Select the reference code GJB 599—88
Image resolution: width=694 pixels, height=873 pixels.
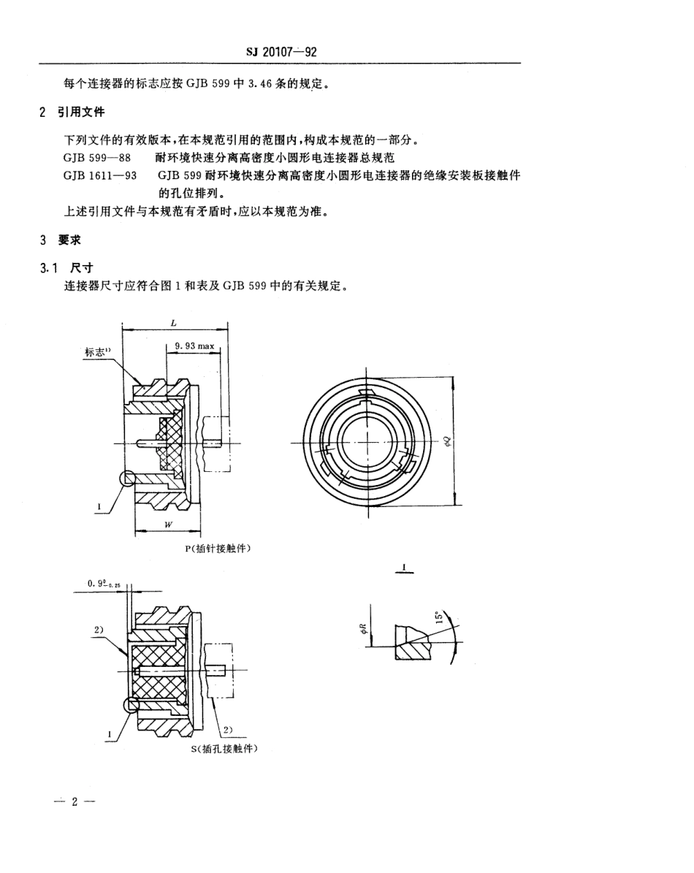point(94,156)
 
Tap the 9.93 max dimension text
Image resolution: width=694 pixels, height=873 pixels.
point(194,344)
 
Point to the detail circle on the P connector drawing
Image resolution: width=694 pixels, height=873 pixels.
point(127,478)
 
